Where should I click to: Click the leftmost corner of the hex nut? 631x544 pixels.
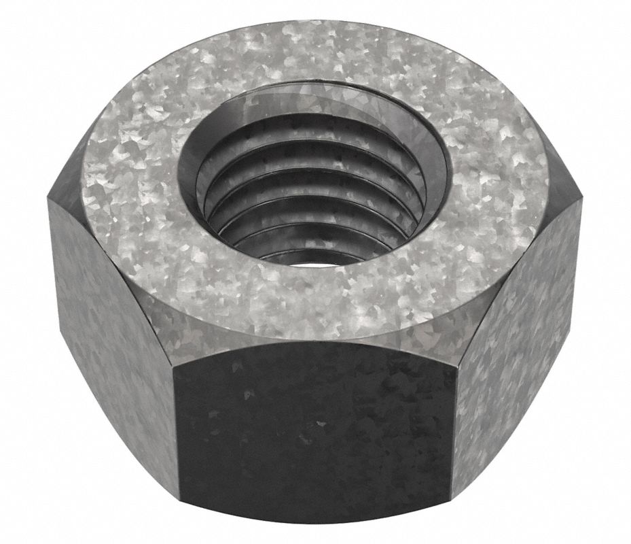[48, 197]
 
